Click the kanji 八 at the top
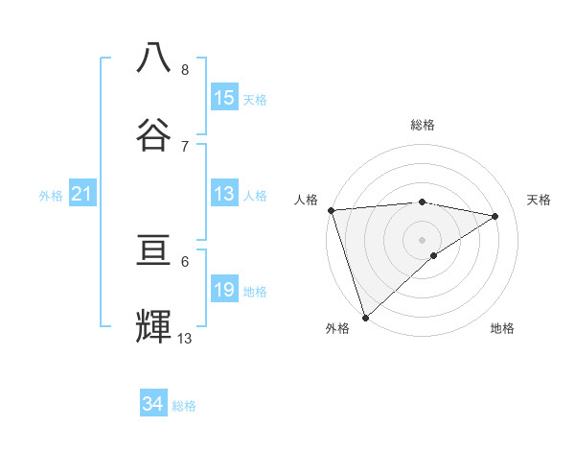click(x=154, y=59)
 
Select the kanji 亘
click(x=154, y=251)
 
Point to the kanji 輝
click(x=154, y=326)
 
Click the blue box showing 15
click(x=224, y=98)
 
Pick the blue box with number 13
click(x=224, y=195)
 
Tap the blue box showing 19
click(x=224, y=290)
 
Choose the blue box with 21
click(x=81, y=195)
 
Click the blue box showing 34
click(x=153, y=405)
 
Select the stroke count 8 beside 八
click(x=185, y=70)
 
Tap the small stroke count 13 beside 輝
click(x=185, y=338)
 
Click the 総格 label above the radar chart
click(x=423, y=125)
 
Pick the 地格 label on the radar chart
click(x=502, y=328)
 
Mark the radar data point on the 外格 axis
click(x=365, y=317)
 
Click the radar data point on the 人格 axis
click(x=331, y=210)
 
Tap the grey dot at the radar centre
click(x=423, y=239)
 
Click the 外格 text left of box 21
click(x=51, y=196)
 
